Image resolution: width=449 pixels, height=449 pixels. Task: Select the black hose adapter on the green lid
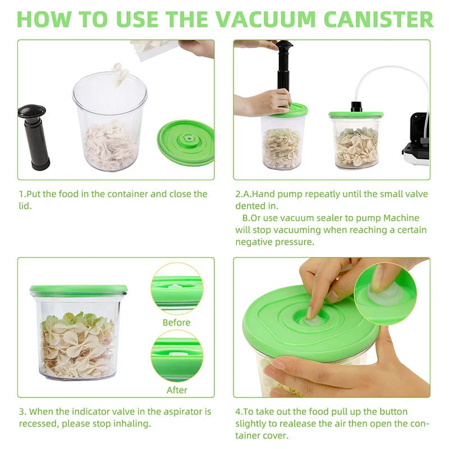355,106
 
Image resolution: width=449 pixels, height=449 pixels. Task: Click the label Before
176,323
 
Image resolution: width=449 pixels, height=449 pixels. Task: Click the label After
177,390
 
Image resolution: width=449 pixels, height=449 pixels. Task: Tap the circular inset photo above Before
176,289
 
